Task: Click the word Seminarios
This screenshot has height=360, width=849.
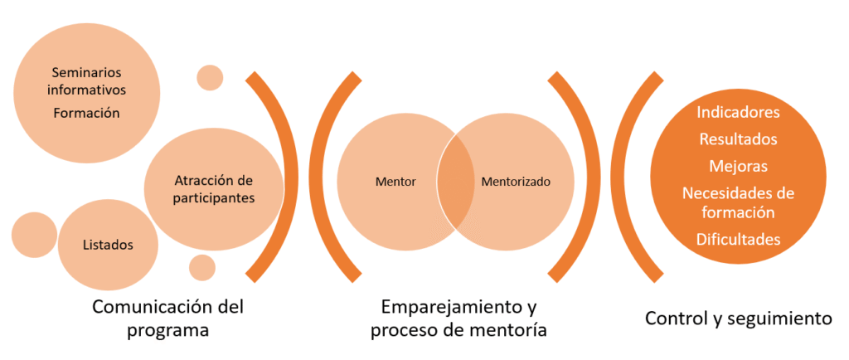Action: point(86,72)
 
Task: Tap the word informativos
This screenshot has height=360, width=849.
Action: point(86,90)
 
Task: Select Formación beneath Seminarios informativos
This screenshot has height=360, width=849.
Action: point(86,113)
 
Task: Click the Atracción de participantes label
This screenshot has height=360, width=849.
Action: point(214,189)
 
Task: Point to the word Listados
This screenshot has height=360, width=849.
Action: point(108,245)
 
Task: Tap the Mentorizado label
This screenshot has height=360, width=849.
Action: point(516,182)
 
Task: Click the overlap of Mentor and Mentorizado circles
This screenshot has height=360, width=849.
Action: point(455,182)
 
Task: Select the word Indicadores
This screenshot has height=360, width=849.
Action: point(738,113)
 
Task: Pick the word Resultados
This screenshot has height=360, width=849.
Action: point(738,139)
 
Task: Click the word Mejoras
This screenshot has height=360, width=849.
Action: point(738,166)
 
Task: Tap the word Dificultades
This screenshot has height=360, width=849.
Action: point(738,239)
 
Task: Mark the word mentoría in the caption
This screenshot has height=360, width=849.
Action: point(512,329)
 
